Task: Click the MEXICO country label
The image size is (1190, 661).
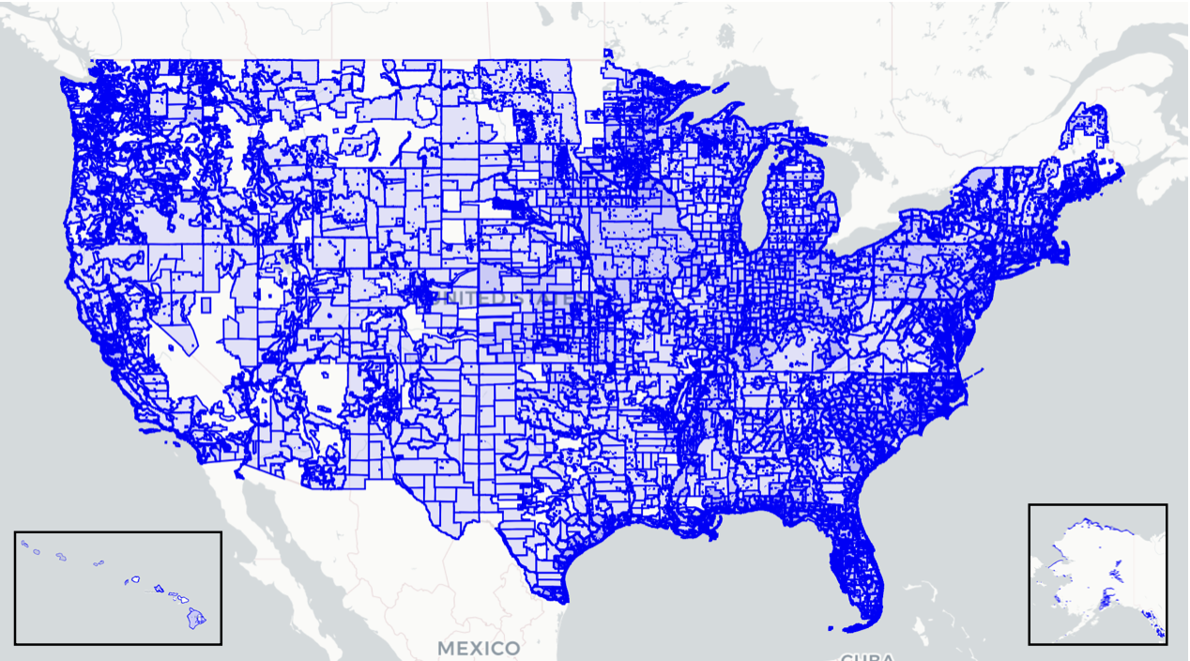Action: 479,648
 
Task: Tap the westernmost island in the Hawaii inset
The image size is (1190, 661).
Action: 25,544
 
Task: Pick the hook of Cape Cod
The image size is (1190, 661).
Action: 1066,245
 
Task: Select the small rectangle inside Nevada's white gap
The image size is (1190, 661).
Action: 206,304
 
